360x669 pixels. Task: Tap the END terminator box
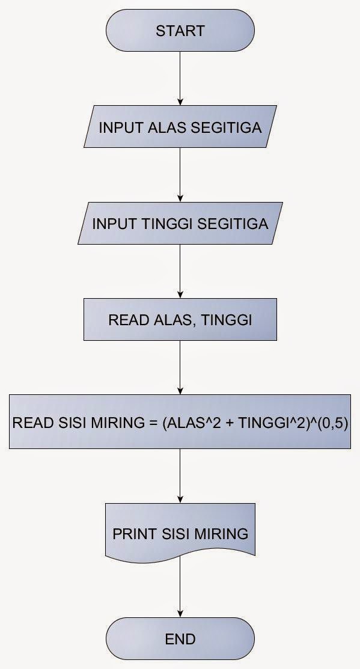pos(180,638)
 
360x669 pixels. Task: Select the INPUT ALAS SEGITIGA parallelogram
pos(180,127)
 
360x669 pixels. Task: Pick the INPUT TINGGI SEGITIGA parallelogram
pos(180,224)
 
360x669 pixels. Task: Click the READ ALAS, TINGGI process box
pos(180,320)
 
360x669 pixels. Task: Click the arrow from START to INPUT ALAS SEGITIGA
pos(180,78)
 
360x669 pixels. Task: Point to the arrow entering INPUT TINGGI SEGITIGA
pos(180,176)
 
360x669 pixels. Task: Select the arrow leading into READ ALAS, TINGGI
pos(180,272)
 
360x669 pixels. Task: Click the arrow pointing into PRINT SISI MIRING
pos(180,475)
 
